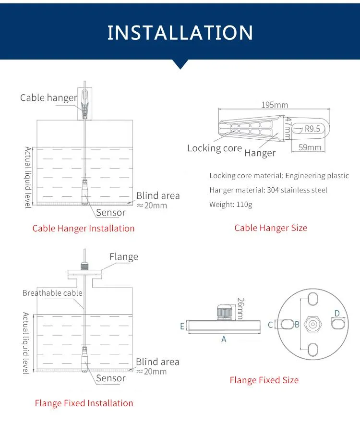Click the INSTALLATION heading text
[x=180, y=32]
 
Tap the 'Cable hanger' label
[x=48, y=98]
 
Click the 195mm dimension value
[x=275, y=105]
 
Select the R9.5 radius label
[x=312, y=128]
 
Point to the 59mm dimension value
[x=310, y=147]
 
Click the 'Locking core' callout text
[x=215, y=148]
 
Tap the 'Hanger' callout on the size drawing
[x=260, y=153]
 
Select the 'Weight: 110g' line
[x=231, y=205]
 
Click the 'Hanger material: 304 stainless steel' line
[x=268, y=190]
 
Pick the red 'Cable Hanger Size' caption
[x=271, y=228]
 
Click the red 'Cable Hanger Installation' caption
[x=84, y=228]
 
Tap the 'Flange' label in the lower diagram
[x=123, y=257]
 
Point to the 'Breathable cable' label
[x=52, y=293]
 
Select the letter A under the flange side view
[x=224, y=339]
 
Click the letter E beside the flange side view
[x=182, y=326]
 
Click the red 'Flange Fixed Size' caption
[x=264, y=380]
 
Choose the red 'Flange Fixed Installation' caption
[x=84, y=403]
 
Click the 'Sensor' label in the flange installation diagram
[x=111, y=378]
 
